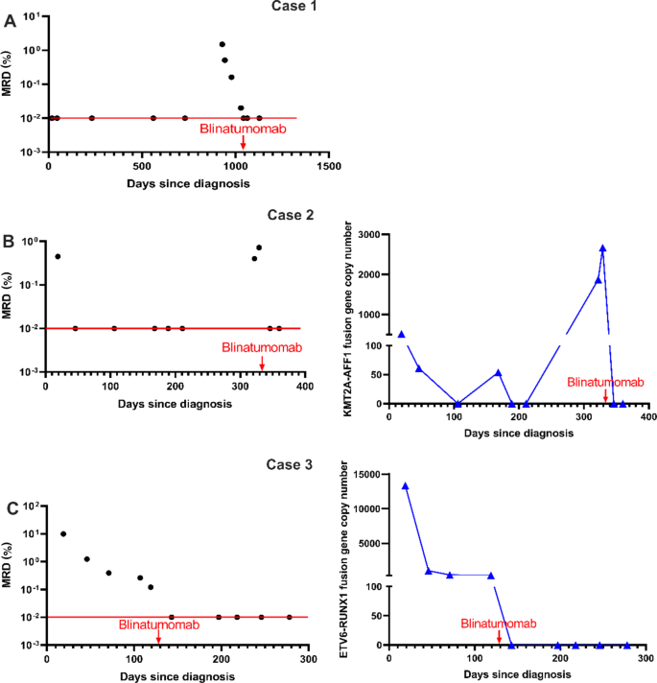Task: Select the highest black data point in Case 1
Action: [222, 44]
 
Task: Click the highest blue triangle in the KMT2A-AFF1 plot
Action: [603, 247]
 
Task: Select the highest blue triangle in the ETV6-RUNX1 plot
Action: [405, 485]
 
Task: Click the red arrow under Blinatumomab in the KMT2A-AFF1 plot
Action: [605, 396]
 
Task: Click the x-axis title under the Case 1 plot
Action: [188, 183]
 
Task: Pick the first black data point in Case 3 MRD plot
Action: [63, 534]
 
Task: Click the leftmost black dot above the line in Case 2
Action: [58, 256]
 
